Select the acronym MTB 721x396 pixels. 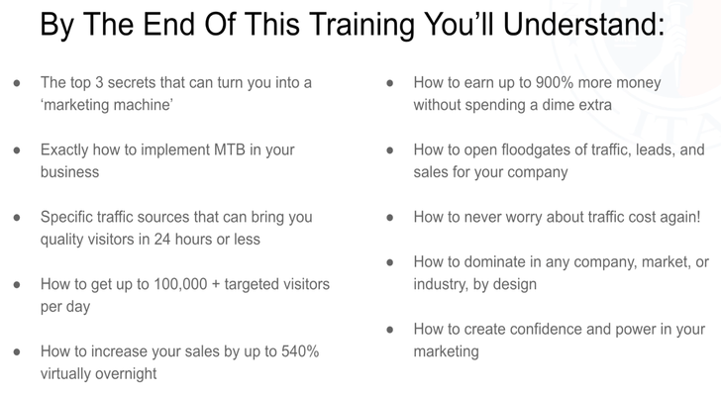(x=230, y=149)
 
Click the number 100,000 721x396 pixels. (x=180, y=284)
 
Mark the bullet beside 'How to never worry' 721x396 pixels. (x=390, y=217)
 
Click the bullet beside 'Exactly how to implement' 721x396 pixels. (x=17, y=150)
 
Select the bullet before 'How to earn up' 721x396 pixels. (x=390, y=83)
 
